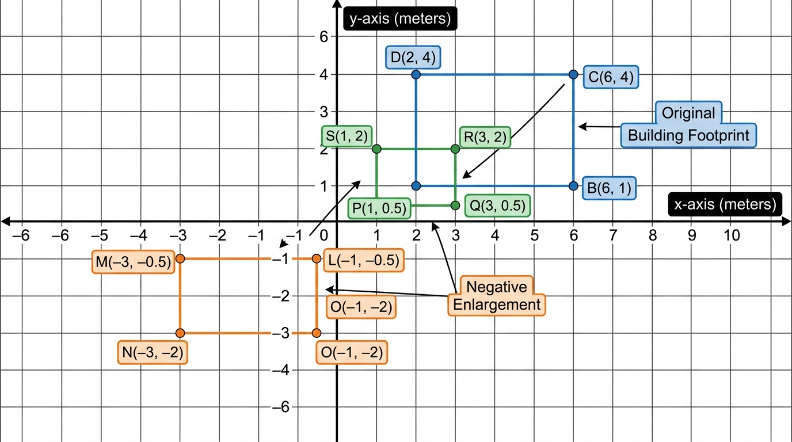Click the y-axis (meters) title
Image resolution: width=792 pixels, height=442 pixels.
(400, 18)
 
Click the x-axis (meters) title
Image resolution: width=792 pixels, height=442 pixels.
(725, 204)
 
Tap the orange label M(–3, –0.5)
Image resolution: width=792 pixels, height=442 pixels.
(134, 262)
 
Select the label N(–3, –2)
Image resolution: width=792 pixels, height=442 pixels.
(153, 353)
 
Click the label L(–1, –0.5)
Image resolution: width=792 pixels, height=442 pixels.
(363, 260)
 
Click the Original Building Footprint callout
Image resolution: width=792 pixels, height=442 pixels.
(688, 124)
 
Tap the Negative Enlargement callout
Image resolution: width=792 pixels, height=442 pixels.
(496, 296)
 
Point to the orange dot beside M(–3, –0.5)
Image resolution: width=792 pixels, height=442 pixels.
(180, 259)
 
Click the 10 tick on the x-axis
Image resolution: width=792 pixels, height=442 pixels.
(732, 235)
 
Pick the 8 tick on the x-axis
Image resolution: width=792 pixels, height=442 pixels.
(653, 235)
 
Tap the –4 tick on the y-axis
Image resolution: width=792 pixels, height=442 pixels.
(281, 370)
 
